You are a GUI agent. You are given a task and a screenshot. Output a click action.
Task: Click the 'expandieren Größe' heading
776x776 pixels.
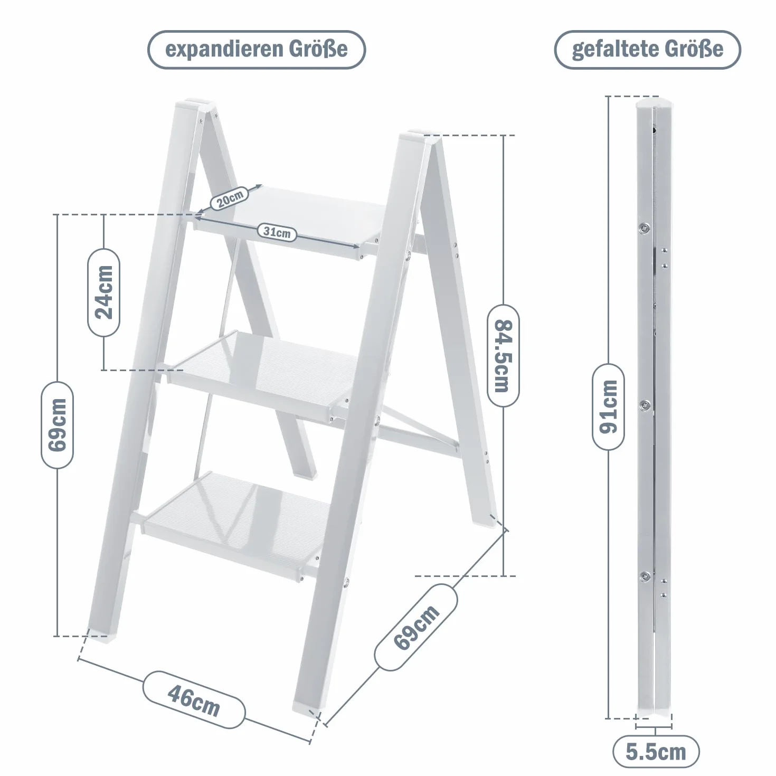pyautogui.click(x=257, y=50)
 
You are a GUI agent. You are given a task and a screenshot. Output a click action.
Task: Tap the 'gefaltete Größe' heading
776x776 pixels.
pyautogui.click(x=648, y=50)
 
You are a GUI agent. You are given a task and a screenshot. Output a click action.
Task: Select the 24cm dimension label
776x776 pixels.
pyautogui.click(x=104, y=292)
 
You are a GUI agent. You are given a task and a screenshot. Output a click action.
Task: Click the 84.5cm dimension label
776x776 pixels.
pyautogui.click(x=503, y=356)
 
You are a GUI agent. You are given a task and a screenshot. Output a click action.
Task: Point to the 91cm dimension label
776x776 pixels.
pyautogui.click(x=608, y=406)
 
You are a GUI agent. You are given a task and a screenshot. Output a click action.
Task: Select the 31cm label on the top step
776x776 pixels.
pyautogui.click(x=277, y=232)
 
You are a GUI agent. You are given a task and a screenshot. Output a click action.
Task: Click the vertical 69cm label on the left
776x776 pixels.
pyautogui.click(x=57, y=425)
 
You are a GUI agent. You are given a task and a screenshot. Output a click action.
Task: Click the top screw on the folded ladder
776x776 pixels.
pyautogui.click(x=645, y=229)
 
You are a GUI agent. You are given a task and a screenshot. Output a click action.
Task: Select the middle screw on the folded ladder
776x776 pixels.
pyautogui.click(x=645, y=405)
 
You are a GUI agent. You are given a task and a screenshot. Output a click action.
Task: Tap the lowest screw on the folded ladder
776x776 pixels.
pyautogui.click(x=645, y=576)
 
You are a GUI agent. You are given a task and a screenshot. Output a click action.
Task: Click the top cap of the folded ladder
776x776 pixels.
pyautogui.click(x=655, y=103)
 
